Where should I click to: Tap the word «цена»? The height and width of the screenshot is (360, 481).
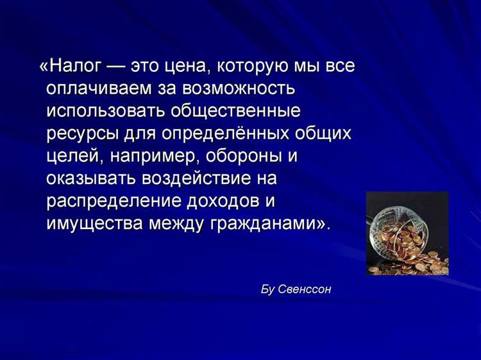(187, 67)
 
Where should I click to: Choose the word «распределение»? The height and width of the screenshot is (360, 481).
(112, 200)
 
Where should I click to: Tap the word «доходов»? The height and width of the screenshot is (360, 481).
(221, 200)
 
